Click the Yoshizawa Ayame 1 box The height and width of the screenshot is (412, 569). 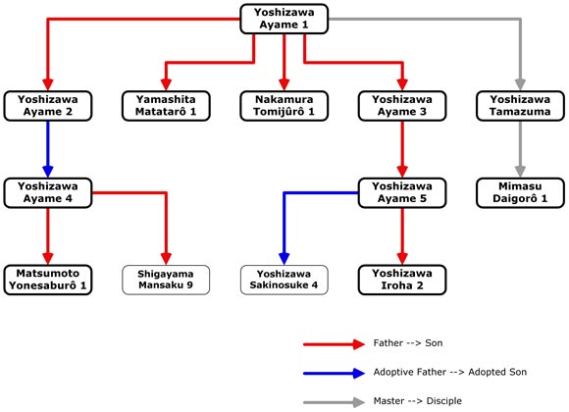click(x=284, y=19)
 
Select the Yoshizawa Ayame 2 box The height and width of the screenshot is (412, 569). click(x=48, y=106)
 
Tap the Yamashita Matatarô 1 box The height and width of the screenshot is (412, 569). click(x=166, y=106)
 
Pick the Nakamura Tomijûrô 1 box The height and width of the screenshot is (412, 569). click(x=284, y=106)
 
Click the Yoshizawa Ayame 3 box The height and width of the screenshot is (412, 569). click(x=402, y=106)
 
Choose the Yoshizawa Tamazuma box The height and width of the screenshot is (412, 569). click(x=520, y=106)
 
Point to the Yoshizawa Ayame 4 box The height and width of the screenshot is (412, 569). click(x=48, y=192)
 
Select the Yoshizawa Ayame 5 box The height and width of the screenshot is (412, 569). click(x=402, y=192)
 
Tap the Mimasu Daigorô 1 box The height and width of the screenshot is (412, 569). click(x=520, y=192)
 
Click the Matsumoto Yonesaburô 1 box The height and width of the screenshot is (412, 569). click(x=48, y=280)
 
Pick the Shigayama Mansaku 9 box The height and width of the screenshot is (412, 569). click(x=166, y=280)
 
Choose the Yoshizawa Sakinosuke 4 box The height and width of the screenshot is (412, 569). click(x=284, y=280)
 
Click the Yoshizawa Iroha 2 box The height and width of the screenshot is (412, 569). click(x=402, y=280)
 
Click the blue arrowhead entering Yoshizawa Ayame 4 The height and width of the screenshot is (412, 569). click(x=48, y=172)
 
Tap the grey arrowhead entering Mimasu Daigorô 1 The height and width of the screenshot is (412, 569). click(x=520, y=172)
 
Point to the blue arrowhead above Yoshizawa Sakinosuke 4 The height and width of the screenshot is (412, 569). click(x=284, y=258)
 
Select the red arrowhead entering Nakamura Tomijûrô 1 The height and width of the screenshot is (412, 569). click(x=284, y=84)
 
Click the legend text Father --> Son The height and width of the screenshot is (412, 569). click(x=408, y=343)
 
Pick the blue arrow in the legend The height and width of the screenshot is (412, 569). click(x=334, y=373)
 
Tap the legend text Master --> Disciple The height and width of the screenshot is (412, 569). click(x=418, y=401)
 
